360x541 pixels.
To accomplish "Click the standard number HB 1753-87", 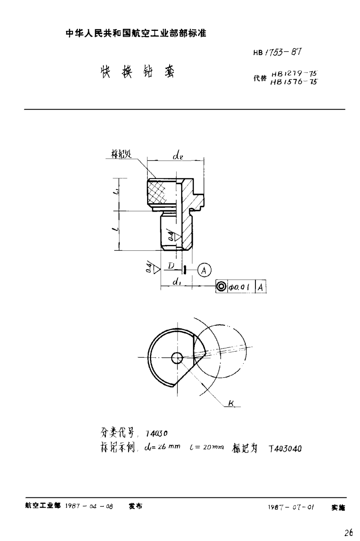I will (x=278, y=52).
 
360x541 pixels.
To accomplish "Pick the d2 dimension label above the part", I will (x=178, y=156).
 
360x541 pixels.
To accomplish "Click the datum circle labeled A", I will (x=203, y=270).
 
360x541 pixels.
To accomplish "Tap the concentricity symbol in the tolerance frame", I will (x=221, y=287).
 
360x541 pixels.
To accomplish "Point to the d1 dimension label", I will (x=176, y=282).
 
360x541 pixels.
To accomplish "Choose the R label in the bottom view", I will (x=231, y=403).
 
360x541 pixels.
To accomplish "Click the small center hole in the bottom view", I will (x=178, y=357).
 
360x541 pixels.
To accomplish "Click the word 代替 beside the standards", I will (x=260, y=78).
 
